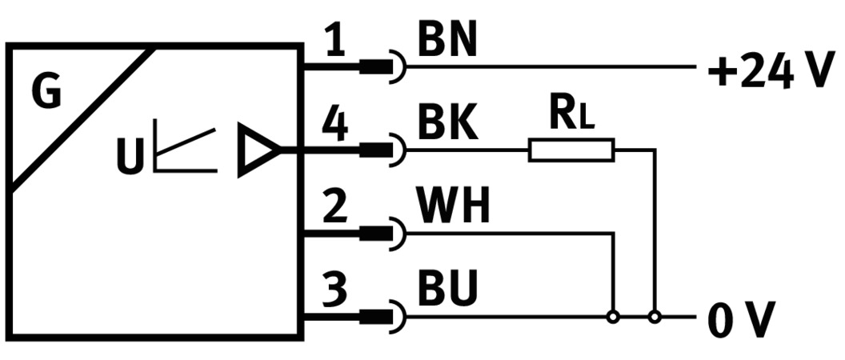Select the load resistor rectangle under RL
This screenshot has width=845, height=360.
coord(571,150)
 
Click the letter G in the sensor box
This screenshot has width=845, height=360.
coord(46,94)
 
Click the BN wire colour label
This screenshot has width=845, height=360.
coord(447,42)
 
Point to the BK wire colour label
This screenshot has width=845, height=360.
coord(447,124)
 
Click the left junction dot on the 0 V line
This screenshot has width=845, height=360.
coord(612,317)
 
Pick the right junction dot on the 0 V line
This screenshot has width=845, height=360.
coord(655,317)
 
